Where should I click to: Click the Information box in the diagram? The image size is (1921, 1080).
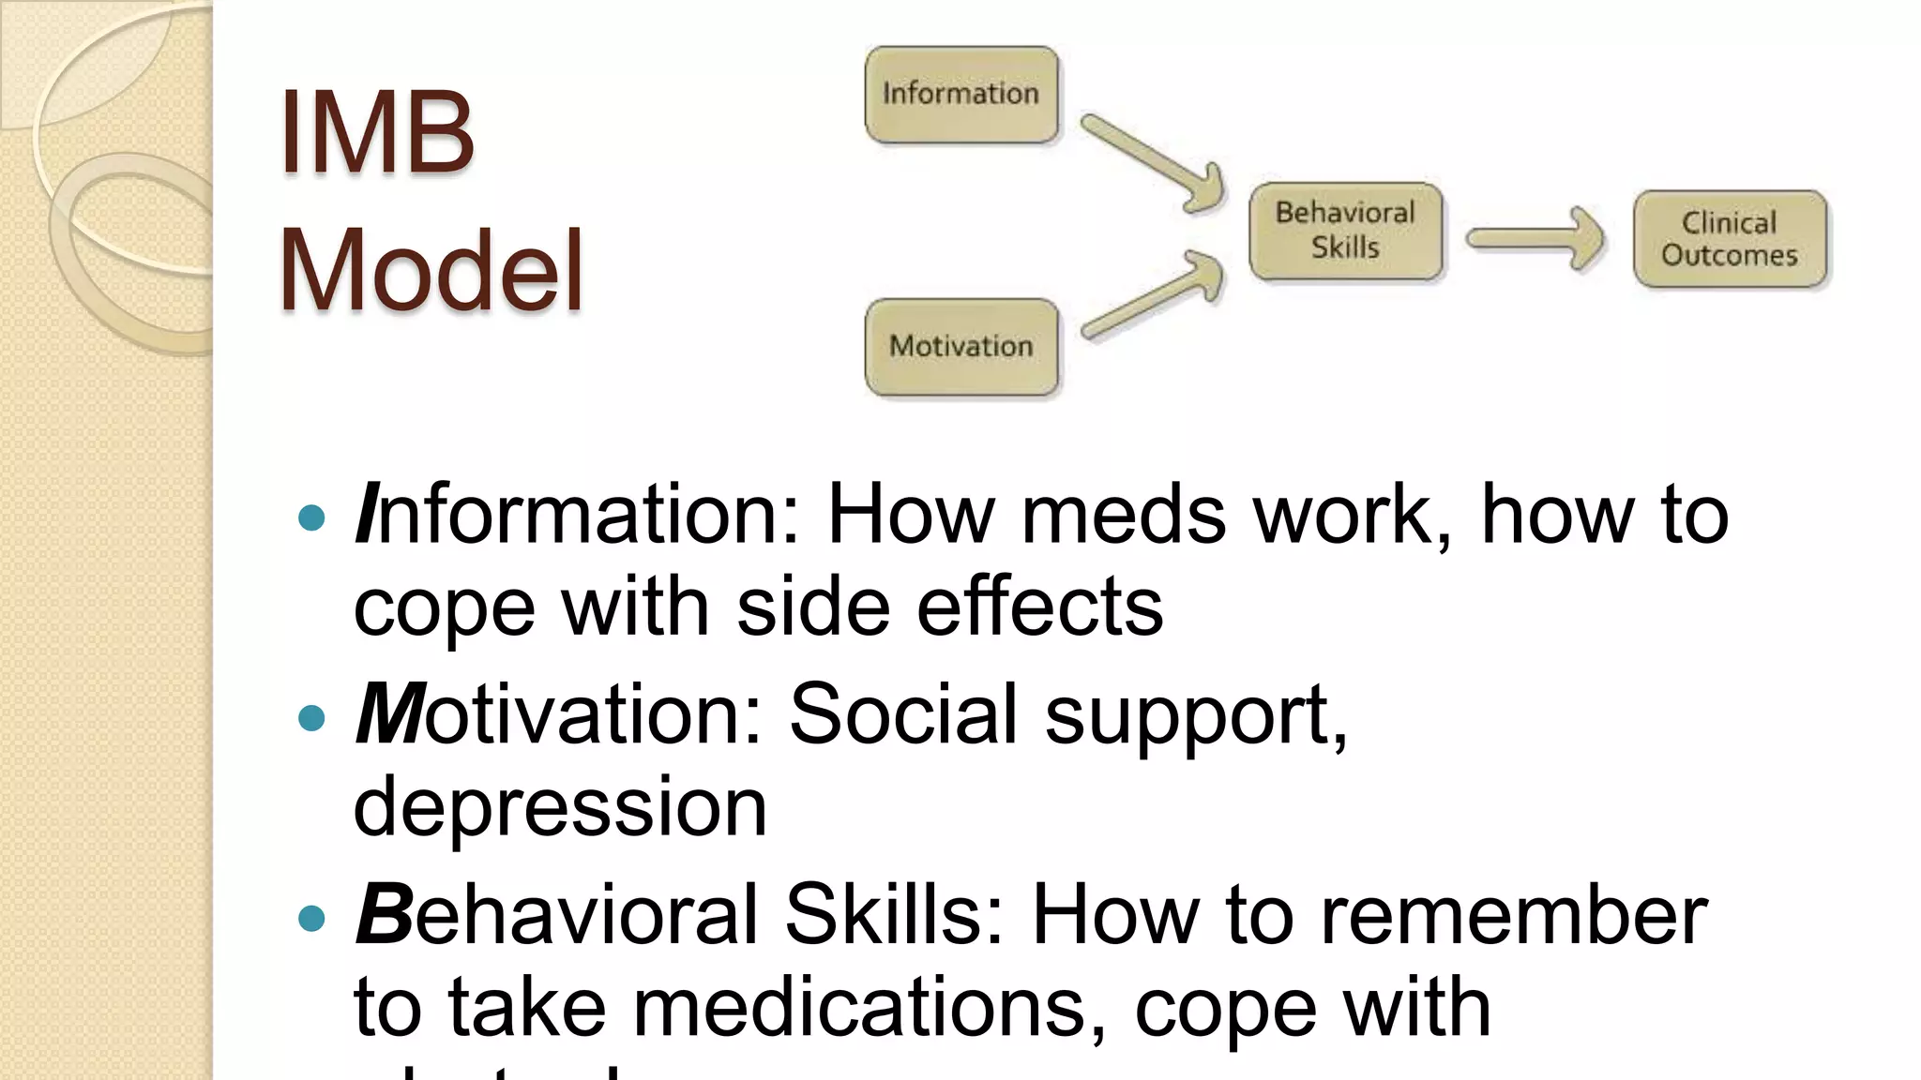(961, 95)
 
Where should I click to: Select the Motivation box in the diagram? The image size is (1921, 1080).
(961, 347)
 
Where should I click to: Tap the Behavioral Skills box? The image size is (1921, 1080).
(1345, 231)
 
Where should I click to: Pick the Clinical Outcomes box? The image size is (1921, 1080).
(1730, 239)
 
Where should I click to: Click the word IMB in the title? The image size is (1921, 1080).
(377, 133)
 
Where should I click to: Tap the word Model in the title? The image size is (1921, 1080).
(431, 271)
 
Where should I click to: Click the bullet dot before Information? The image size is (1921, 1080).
(310, 517)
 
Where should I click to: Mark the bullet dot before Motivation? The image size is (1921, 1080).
(310, 718)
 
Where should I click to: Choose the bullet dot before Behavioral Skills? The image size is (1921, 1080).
(310, 918)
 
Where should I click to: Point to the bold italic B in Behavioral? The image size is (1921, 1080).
(382, 914)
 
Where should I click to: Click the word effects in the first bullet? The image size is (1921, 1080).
(1039, 607)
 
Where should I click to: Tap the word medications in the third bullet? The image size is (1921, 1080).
(860, 1008)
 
